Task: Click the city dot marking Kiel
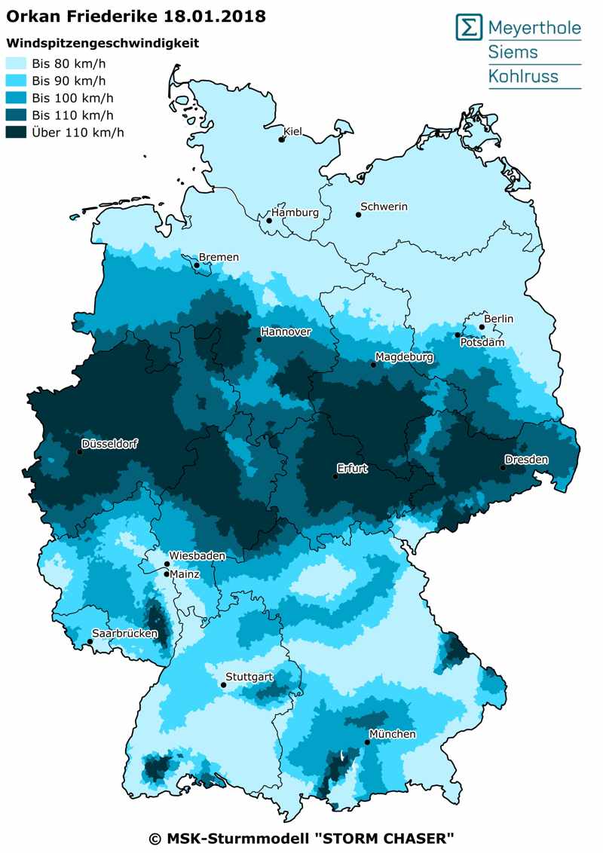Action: (282, 139)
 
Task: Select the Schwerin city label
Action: (384, 206)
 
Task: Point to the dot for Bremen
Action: (197, 265)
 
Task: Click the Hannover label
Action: (286, 332)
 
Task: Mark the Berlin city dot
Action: (482, 327)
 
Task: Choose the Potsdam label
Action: (482, 342)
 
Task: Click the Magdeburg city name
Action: (405, 356)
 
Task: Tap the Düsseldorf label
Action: (111, 443)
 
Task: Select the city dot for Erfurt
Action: (336, 476)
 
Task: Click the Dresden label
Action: (526, 459)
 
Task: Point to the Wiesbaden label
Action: (197, 555)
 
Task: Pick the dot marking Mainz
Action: (167, 573)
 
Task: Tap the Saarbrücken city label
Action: (124, 633)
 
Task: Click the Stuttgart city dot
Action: (223, 684)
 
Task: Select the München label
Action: (392, 734)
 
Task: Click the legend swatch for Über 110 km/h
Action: (17, 132)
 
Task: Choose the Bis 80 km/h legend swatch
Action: (17, 63)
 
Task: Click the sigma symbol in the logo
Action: (469, 28)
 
